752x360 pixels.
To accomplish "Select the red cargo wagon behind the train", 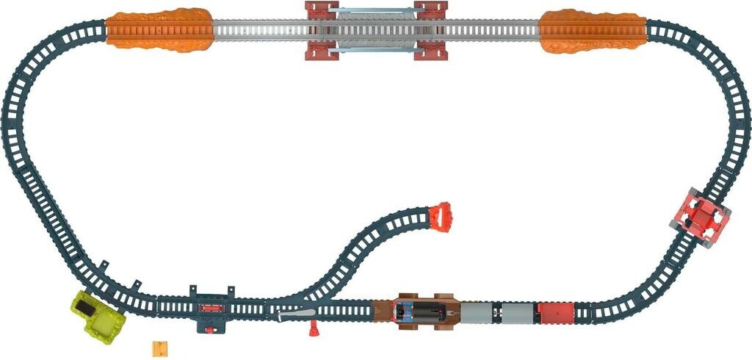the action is click(554, 312).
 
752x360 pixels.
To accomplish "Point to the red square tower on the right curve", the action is click(701, 217).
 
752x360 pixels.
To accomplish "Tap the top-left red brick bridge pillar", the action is click(317, 12).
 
